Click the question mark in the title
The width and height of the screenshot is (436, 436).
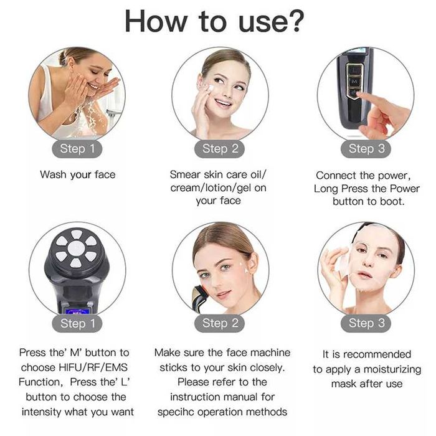295,21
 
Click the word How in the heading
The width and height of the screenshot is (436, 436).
156,21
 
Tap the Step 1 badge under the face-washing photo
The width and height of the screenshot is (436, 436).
77,149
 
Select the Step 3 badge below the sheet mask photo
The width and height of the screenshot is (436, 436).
366,323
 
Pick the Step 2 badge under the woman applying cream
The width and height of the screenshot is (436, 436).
220,149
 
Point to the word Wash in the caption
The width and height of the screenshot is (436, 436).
53,174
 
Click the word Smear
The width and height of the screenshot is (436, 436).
185,174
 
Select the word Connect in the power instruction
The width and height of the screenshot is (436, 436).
336,176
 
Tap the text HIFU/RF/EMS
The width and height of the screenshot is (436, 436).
93,367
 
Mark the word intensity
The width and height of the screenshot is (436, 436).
42,412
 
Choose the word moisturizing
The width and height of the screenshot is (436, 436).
392,369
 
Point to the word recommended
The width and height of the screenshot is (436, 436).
377,354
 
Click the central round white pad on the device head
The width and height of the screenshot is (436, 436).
76,248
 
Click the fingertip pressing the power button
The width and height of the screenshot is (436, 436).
361,96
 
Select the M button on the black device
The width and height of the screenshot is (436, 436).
354,82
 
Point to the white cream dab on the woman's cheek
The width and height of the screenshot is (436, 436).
211,88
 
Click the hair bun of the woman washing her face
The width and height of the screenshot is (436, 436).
63,57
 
